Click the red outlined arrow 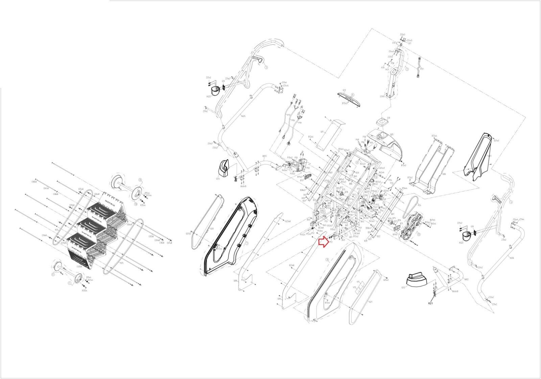click(x=324, y=242)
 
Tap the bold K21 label click(x=430, y=304)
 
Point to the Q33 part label click(x=218, y=179)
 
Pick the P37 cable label click(x=422, y=69)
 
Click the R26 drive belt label click(x=419, y=205)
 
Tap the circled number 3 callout click(x=266, y=67)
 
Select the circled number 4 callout click(x=511, y=202)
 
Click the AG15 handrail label click(x=243, y=116)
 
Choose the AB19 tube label click(x=264, y=156)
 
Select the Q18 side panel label click(x=279, y=299)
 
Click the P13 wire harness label click(x=288, y=115)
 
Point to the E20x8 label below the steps click(x=79, y=267)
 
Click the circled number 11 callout click(x=53, y=275)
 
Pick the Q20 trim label click(x=212, y=229)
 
